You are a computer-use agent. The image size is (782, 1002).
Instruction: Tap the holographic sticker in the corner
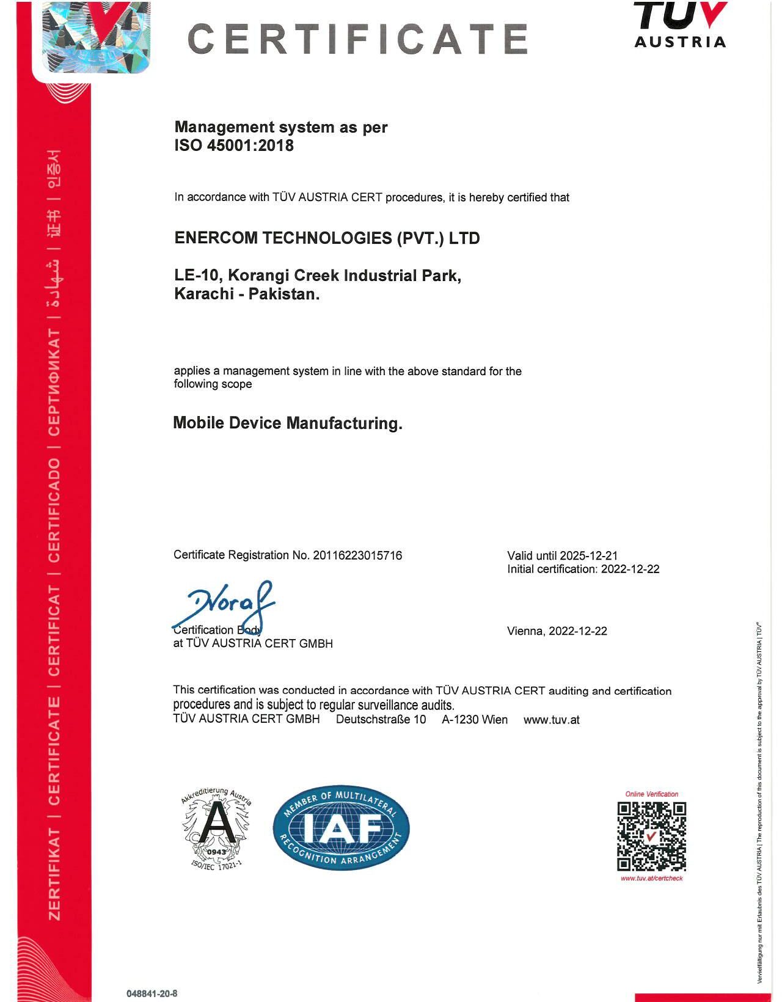[96, 37]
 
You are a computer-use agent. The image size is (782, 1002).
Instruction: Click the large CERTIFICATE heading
[357, 38]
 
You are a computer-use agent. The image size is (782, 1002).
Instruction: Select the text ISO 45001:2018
[234, 146]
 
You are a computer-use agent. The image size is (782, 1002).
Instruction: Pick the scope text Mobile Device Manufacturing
[287, 423]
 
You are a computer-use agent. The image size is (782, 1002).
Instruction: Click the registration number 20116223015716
[357, 555]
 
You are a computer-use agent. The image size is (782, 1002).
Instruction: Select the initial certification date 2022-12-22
[630, 569]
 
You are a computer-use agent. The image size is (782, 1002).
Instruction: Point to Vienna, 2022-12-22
[557, 631]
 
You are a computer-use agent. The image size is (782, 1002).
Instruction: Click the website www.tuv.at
[551, 720]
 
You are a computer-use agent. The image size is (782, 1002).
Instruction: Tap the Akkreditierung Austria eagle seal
[216, 828]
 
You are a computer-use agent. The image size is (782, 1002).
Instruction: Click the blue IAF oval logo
[341, 828]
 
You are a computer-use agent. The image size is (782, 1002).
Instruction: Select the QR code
[651, 836]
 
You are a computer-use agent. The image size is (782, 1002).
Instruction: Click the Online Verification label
[651, 794]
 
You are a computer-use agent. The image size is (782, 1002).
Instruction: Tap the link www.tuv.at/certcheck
[651, 879]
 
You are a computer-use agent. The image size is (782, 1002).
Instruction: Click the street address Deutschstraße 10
[381, 720]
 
